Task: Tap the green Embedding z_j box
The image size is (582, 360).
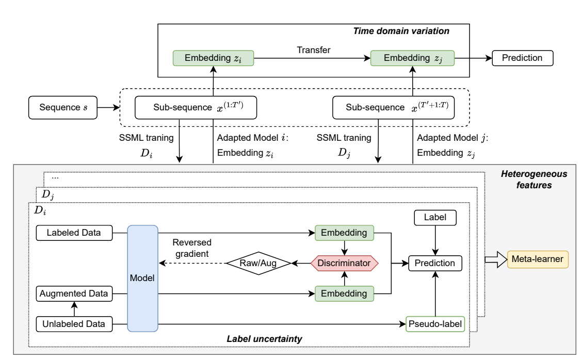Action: (413, 58)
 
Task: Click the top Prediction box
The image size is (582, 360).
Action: (523, 58)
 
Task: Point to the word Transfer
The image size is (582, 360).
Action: (313, 50)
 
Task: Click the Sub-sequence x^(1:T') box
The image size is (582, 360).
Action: (196, 108)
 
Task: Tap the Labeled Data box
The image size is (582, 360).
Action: (74, 233)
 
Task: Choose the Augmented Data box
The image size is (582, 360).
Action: (74, 293)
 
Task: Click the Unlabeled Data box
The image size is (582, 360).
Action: (74, 324)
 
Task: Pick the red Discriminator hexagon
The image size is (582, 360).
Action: (344, 263)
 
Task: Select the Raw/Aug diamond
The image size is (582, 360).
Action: (258, 263)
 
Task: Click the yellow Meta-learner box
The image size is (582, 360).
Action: (538, 259)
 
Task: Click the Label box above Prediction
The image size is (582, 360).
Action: (436, 218)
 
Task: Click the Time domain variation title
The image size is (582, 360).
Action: (401, 31)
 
